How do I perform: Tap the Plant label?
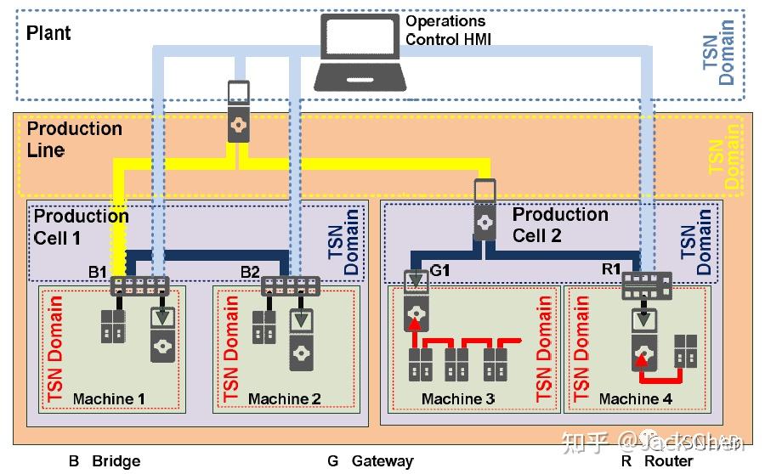(48, 33)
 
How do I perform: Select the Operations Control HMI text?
(447, 30)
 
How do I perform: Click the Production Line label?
(75, 139)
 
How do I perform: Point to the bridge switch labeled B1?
(139, 285)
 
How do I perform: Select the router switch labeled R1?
(646, 285)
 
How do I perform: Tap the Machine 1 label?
(109, 398)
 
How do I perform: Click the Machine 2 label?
(284, 398)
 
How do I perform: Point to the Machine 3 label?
(458, 398)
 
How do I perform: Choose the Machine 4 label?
(635, 398)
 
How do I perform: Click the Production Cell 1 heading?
(81, 226)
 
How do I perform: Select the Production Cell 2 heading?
(560, 224)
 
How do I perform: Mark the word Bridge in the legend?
(116, 461)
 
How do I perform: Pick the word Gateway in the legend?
(382, 461)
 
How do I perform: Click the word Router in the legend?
(668, 461)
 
